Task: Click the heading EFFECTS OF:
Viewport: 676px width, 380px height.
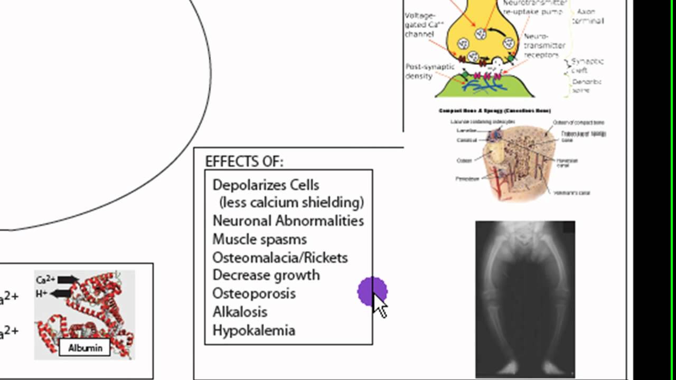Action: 244,161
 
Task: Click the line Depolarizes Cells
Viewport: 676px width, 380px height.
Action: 266,185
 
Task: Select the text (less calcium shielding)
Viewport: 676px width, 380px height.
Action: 291,203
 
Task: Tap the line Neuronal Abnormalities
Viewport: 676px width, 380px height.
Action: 288,221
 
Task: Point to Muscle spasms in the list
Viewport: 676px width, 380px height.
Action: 259,239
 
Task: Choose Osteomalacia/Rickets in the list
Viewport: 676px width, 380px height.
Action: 280,258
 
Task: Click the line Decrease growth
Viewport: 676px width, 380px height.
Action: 266,275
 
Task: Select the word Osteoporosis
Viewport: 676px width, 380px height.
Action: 253,293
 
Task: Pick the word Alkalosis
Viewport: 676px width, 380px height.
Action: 240,312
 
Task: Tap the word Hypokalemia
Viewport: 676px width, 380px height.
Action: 253,330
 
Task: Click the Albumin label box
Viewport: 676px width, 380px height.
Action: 84,347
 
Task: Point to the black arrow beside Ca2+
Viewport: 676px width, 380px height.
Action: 68,280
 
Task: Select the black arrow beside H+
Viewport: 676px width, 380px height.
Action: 63,293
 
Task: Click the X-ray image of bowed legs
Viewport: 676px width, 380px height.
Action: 525,298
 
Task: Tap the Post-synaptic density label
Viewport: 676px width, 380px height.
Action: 426,71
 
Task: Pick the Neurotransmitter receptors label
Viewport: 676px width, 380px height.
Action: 544,46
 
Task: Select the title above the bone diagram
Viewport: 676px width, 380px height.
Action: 494,111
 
